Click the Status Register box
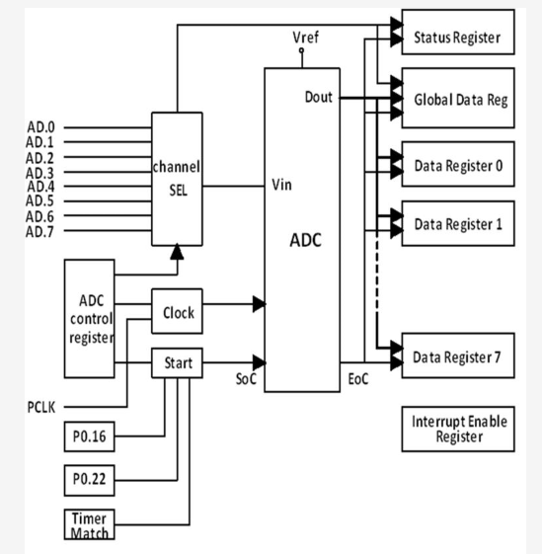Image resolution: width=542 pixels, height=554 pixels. click(458, 38)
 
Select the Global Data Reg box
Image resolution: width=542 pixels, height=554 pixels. click(458, 101)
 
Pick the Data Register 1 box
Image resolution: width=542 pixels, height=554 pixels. click(458, 224)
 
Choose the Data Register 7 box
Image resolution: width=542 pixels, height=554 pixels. click(458, 356)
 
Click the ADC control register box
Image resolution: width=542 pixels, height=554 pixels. click(89, 319)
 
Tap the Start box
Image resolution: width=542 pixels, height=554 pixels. click(178, 362)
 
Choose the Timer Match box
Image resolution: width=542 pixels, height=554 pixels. click(89, 523)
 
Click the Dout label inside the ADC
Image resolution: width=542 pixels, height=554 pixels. click(319, 97)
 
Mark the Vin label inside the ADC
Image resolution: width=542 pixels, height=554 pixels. click(280, 184)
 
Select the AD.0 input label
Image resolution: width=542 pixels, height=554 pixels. click(39, 128)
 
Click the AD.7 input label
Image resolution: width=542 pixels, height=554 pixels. click(39, 231)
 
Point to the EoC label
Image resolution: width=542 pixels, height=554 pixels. click(356, 379)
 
